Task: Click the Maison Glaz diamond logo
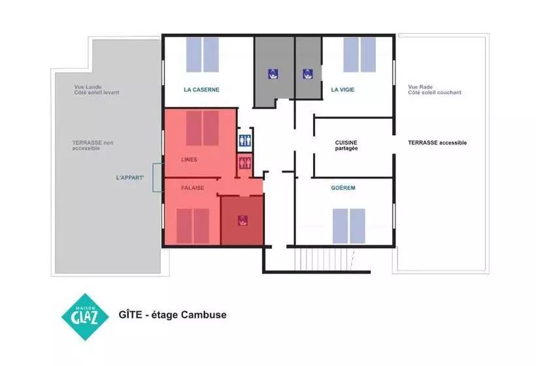tap(85, 317)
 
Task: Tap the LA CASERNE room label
tap(201, 90)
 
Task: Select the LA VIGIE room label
tap(343, 90)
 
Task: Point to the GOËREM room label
tap(343, 188)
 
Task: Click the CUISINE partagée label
tap(346, 145)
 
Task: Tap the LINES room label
tap(189, 159)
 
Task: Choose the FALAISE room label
tap(192, 188)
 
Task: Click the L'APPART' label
tap(130, 177)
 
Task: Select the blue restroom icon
tap(244, 140)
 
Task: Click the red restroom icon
tap(244, 162)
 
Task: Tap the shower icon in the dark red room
tap(243, 221)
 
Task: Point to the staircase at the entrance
tap(324, 259)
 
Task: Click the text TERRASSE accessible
tap(437, 142)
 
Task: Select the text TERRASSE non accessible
tap(93, 145)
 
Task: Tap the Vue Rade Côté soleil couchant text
tap(435, 90)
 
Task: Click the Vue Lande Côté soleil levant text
tap(97, 90)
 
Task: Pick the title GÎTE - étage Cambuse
tap(173, 314)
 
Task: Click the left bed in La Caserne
tap(194, 55)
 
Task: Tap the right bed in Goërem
tap(357, 226)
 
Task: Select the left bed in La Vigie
tap(351, 55)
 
